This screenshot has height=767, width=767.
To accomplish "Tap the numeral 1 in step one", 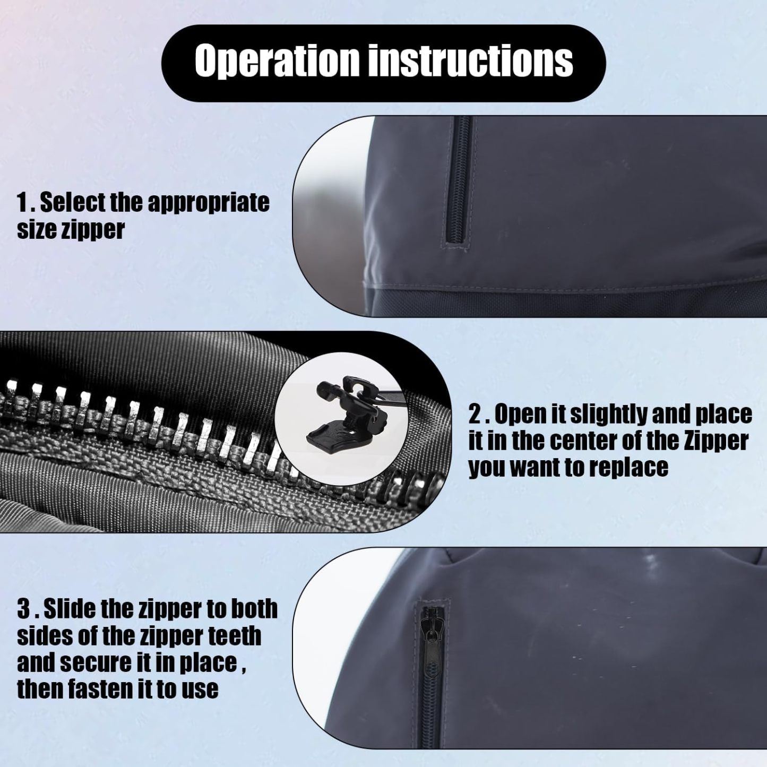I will pyautogui.click(x=22, y=202).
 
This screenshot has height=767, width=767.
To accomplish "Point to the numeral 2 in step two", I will pyautogui.click(x=475, y=415).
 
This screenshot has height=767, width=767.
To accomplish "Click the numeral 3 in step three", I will pyautogui.click(x=23, y=609).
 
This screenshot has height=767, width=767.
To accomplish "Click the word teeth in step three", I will pyautogui.click(x=235, y=635).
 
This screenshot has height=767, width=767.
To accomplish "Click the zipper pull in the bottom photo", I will pyautogui.click(x=428, y=637).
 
